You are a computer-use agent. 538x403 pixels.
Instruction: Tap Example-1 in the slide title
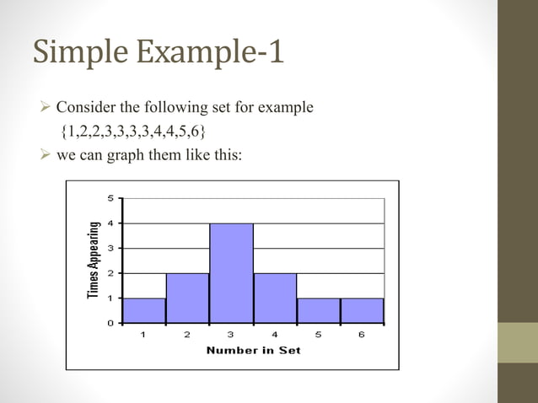[210, 52]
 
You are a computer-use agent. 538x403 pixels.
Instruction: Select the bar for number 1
[144, 310]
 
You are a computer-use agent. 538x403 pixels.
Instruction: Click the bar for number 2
[188, 298]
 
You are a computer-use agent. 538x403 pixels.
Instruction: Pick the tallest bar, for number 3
[231, 273]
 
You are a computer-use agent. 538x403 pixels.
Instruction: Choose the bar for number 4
[275, 298]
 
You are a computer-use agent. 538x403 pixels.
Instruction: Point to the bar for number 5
[319, 310]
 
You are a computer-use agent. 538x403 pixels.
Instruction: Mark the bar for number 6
[362, 310]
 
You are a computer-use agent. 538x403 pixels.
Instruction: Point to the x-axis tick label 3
[231, 335]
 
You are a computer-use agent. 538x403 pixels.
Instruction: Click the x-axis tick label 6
[362, 335]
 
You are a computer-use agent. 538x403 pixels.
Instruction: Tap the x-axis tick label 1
[143, 335]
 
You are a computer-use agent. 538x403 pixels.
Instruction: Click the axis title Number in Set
[253, 350]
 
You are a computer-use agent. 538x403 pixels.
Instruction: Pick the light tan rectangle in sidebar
[518, 342]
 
